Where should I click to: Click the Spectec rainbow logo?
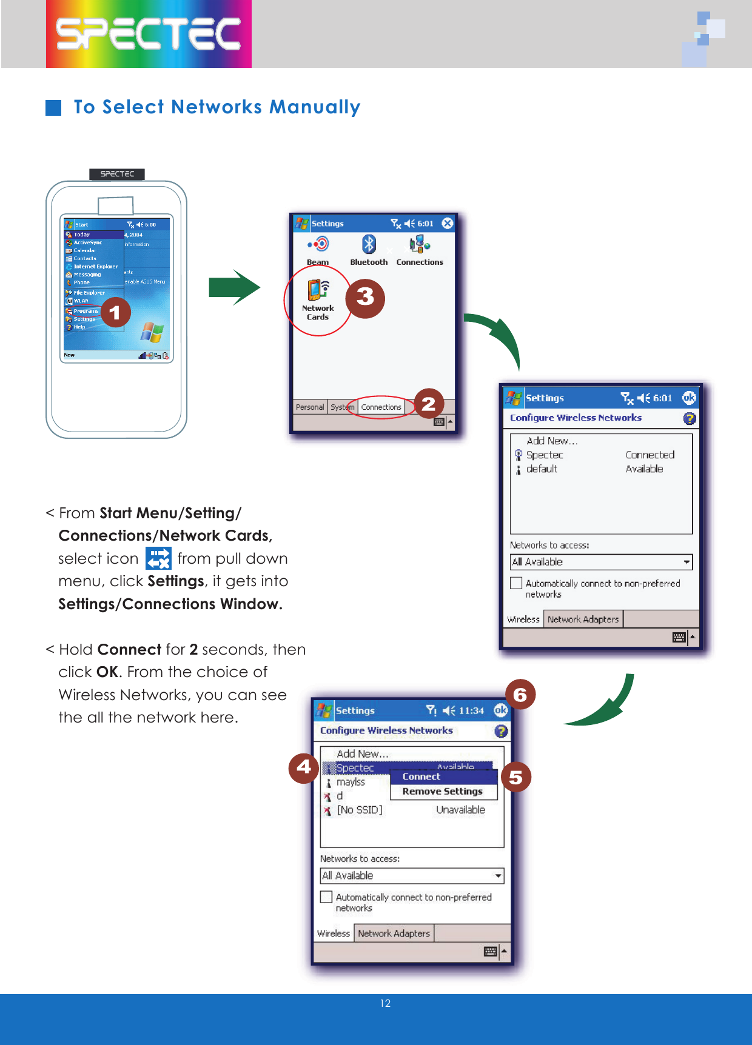149,34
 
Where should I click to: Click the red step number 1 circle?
115,313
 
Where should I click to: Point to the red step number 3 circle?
365,298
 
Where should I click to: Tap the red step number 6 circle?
520,695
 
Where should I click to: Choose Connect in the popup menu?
421,776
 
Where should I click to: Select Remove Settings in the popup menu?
442,791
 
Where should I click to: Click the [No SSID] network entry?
360,810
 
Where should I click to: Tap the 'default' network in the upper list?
542,469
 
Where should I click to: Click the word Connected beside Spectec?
650,455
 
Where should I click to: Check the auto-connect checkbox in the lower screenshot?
326,897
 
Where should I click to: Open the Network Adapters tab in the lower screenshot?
394,933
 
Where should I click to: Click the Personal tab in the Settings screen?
310,407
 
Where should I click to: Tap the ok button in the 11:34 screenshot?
500,710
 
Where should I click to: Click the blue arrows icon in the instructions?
158,559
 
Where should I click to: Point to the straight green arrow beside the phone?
234,287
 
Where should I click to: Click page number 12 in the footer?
385,1004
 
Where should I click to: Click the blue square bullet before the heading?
54,108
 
